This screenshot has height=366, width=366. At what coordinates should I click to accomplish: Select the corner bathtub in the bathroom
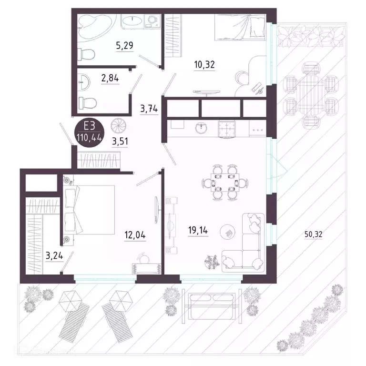pos(93,26)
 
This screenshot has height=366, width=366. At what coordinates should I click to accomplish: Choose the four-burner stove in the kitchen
pos(228,127)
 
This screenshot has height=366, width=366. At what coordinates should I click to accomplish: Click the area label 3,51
pos(120,142)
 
